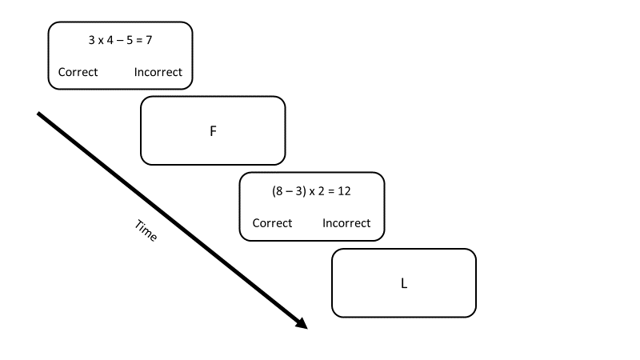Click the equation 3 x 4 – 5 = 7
pyautogui.click(x=120, y=39)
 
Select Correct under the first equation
pyautogui.click(x=78, y=72)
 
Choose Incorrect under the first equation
pyautogui.click(x=158, y=72)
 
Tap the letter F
pyautogui.click(x=213, y=131)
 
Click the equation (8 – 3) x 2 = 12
pyautogui.click(x=312, y=192)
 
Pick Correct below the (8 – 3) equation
pyautogui.click(x=272, y=223)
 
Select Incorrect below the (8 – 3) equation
pyautogui.click(x=346, y=223)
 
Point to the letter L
pyautogui.click(x=404, y=283)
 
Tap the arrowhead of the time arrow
pyautogui.click(x=302, y=324)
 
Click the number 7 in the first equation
pyautogui.click(x=149, y=39)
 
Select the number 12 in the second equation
pyautogui.click(x=345, y=192)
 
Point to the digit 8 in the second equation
pyautogui.click(x=278, y=192)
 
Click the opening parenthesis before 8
pyautogui.click(x=274, y=192)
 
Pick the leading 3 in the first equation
pyautogui.click(x=91, y=39)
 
